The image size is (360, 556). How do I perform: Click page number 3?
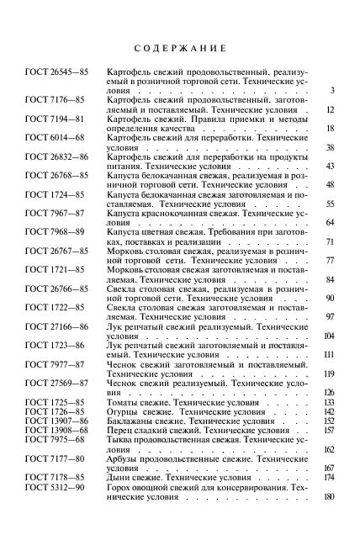point(332,91)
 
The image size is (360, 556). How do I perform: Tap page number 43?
point(330,166)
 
